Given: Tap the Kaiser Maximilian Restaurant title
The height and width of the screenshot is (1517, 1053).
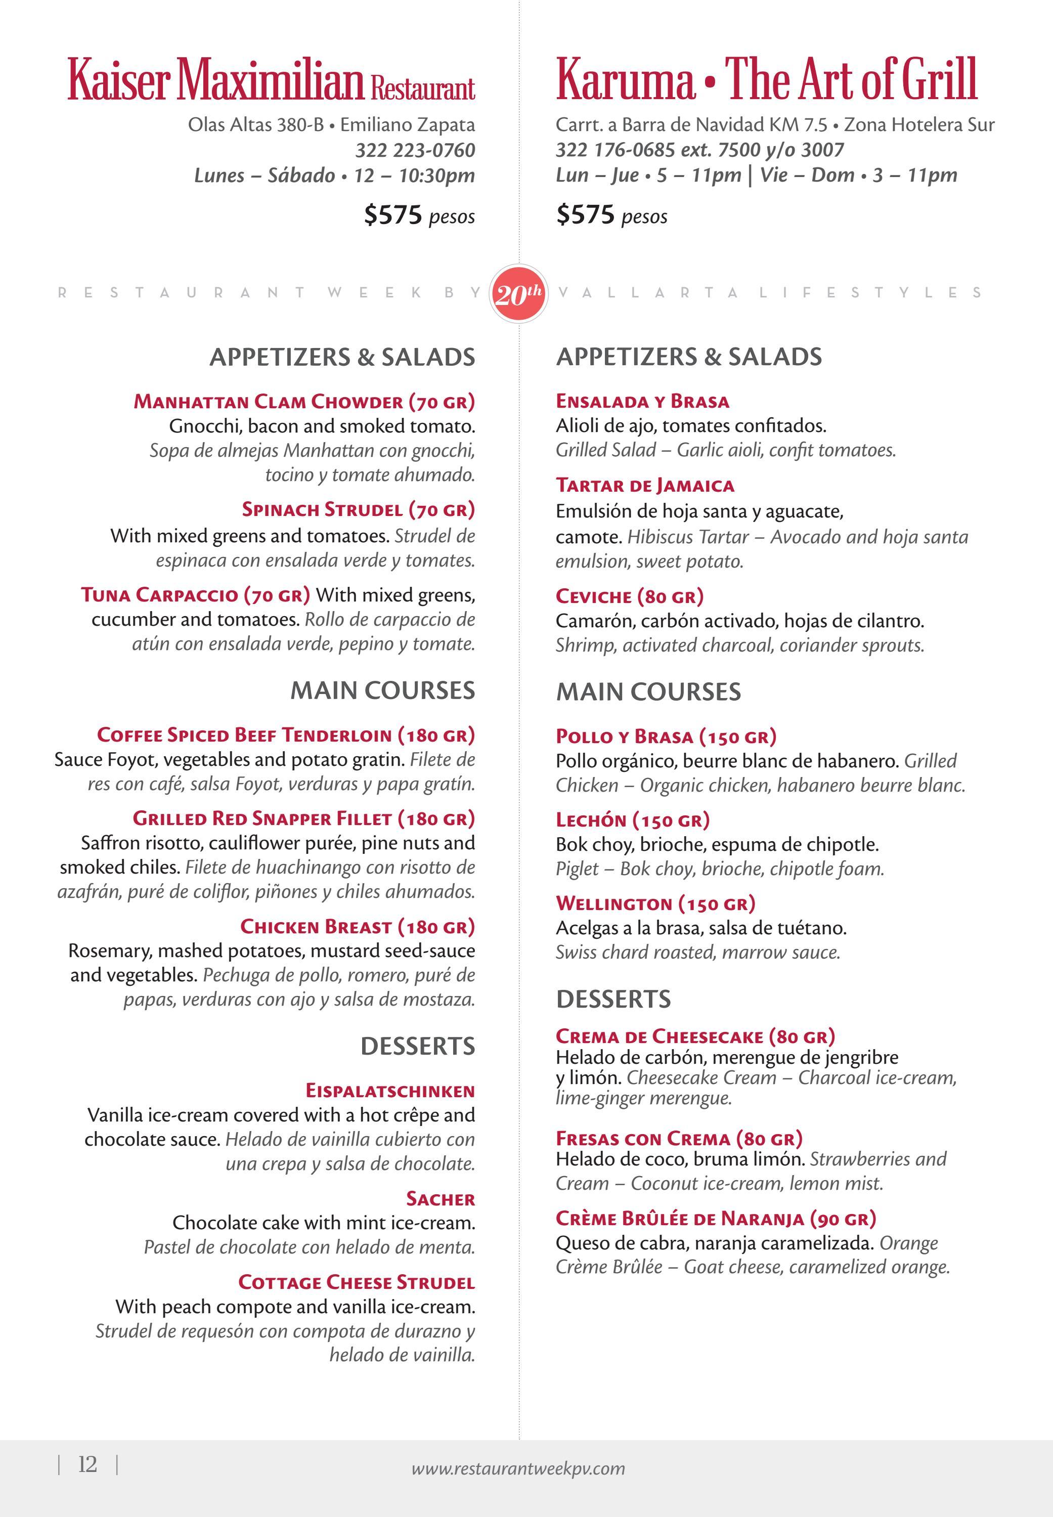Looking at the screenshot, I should point(271,80).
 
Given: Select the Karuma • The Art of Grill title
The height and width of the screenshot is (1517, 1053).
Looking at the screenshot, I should point(766,80).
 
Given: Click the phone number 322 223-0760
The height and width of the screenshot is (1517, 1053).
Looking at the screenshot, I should point(415,150).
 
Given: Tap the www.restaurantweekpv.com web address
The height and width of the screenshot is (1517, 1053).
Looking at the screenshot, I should point(518,1468).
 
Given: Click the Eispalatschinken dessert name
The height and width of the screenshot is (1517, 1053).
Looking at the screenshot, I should point(390,1090).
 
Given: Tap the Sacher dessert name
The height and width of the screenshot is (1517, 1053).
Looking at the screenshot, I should point(440,1198).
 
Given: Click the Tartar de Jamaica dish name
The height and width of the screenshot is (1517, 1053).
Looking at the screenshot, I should point(645,486).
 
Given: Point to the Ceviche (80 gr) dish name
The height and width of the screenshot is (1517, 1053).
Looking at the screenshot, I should point(630,596).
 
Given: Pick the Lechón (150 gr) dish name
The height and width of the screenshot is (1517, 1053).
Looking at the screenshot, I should point(632,820).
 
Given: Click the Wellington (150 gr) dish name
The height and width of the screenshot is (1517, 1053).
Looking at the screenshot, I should point(655,903).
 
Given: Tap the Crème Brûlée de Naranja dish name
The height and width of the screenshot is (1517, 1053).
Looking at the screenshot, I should point(716,1218).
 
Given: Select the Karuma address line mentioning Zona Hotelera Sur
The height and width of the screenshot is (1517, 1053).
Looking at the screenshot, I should point(774,125).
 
